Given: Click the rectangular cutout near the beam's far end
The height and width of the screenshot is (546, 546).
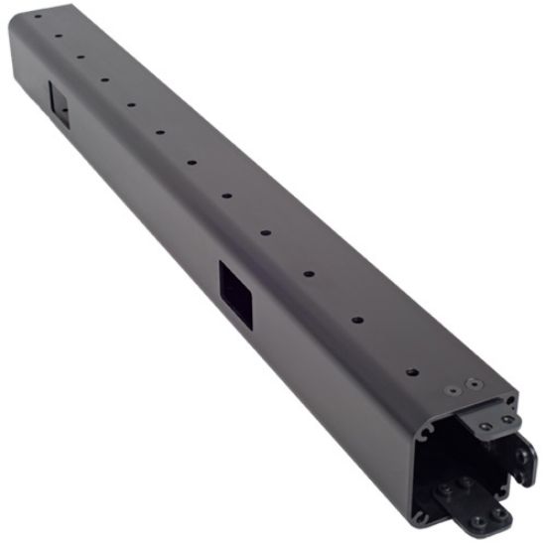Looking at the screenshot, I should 58,103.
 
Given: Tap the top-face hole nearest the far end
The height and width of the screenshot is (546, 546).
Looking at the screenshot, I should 37,17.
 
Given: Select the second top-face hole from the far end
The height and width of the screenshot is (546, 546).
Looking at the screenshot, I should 59,36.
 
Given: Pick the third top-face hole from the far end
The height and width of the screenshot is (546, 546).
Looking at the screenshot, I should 81,56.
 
